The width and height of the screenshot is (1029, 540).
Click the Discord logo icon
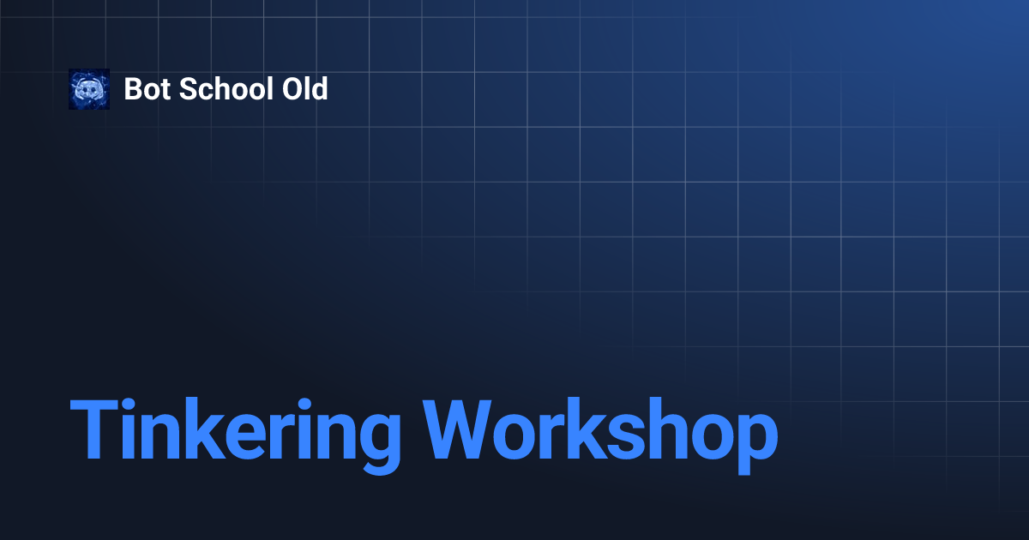89,89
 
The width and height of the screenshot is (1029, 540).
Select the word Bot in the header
147,89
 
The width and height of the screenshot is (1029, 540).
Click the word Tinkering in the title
235,430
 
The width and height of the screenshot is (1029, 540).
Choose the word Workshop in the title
601,430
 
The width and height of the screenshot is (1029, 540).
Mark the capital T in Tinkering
94,430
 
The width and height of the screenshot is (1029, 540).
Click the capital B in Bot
133,89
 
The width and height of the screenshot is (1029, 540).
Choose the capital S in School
190,89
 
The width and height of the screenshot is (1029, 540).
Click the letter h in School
220,89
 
